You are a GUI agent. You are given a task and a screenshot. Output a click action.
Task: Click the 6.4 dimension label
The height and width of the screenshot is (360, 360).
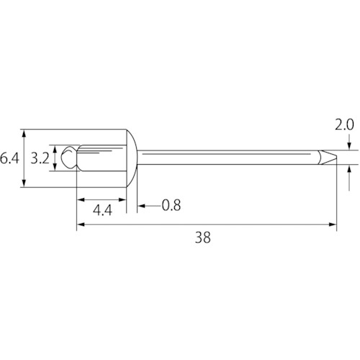(9, 158)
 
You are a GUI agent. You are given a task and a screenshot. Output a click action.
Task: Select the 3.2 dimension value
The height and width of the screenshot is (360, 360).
(40, 158)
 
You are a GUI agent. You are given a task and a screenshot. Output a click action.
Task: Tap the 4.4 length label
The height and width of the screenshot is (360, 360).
(102, 210)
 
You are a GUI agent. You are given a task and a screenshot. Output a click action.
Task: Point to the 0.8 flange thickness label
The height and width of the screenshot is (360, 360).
(171, 205)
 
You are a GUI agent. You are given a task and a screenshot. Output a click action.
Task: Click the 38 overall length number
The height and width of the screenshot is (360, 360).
(203, 238)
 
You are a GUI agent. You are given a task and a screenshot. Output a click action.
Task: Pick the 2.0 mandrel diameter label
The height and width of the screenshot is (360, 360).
(344, 125)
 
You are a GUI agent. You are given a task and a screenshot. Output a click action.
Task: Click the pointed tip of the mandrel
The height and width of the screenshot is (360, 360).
(336, 158)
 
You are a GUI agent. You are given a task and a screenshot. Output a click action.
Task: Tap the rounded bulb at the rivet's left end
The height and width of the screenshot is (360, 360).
(69, 158)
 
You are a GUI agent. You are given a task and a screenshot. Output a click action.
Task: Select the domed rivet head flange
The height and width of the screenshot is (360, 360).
(132, 158)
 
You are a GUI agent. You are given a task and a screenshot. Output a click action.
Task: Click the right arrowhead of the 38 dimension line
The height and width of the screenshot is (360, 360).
(333, 225)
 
